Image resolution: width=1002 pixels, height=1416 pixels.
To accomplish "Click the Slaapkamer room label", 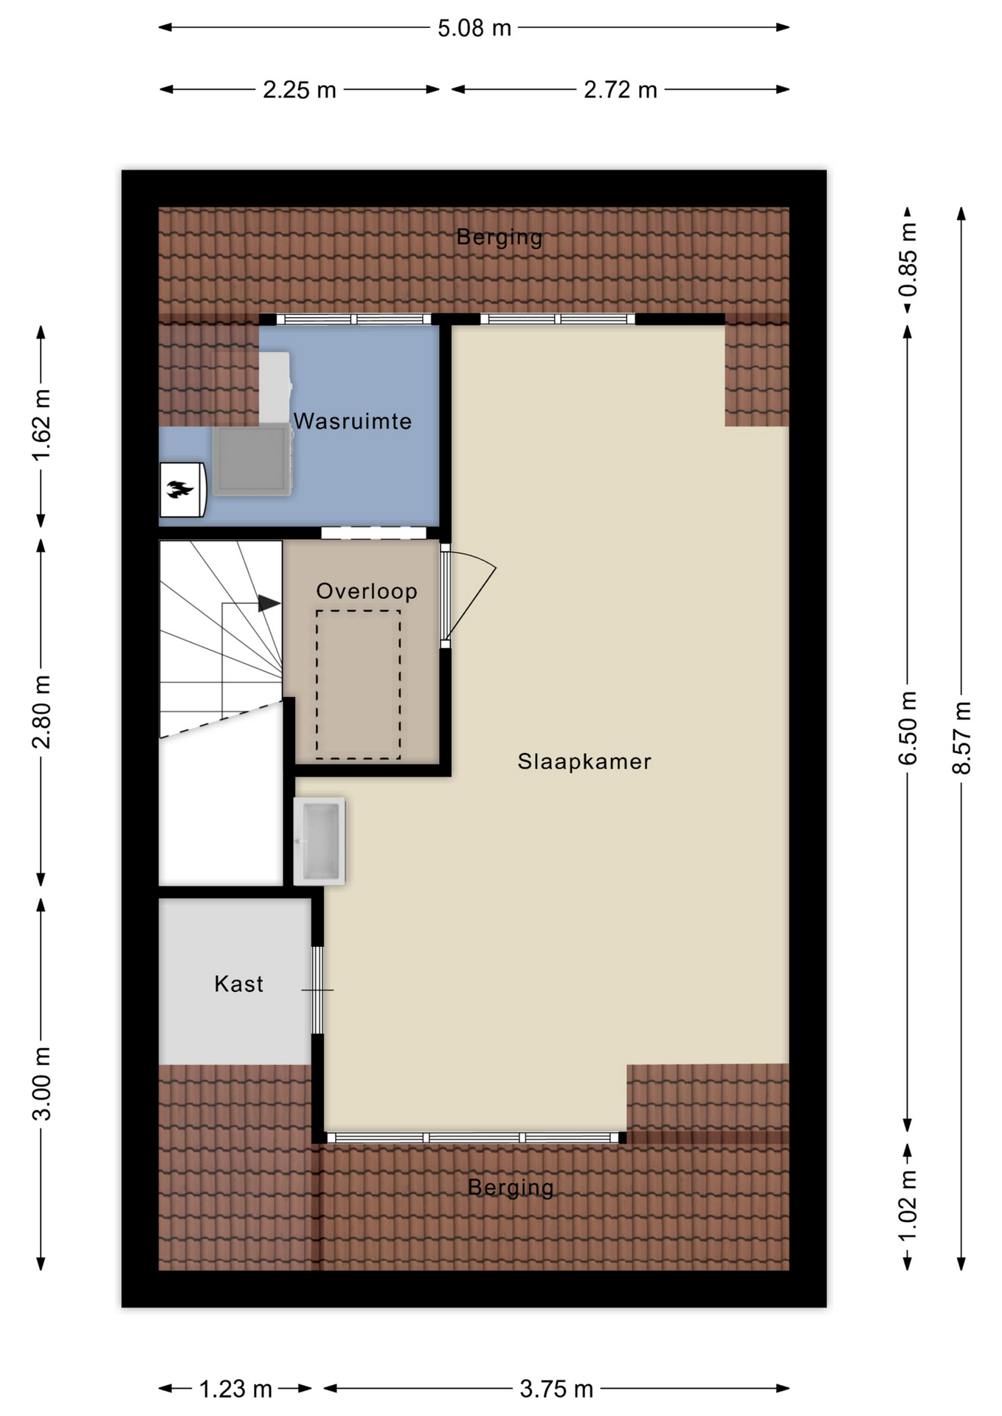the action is coord(584,761).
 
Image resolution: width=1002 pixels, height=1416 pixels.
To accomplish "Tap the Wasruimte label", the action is coord(353,421).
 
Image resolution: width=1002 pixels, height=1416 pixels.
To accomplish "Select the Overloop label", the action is coord(367,591).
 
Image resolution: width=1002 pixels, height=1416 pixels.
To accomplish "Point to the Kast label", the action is coord(239,984).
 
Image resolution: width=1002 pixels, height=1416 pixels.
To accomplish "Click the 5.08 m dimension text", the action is coord(474,28).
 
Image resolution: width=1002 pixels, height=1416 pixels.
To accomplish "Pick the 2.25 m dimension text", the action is coord(300,90).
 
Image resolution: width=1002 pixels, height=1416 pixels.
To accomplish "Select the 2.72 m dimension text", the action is coord(621,90).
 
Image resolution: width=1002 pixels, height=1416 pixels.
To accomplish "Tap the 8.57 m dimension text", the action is coord(961,737).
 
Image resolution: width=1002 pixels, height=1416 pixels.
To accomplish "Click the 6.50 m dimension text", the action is coord(908,728).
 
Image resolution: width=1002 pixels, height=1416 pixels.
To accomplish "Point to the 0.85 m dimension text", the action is coord(908,260).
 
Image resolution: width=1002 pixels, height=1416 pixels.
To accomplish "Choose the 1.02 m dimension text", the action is coord(908,1205).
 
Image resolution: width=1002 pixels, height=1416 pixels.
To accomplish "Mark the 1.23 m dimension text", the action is coord(236,1389).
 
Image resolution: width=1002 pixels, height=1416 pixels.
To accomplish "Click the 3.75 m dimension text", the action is coord(556,1389).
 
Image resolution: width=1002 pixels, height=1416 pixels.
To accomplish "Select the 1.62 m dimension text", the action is coord(41,426).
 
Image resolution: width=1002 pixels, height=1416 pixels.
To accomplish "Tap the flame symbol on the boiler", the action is coord(179,489).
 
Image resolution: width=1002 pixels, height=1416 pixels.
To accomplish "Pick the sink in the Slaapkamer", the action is coord(319,841).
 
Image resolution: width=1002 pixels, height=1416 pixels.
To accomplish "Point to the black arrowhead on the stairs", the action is coord(269,604).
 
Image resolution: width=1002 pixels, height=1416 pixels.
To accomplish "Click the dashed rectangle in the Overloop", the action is coord(359,684).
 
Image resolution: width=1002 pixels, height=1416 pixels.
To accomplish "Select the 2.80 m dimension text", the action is coord(41,712).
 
